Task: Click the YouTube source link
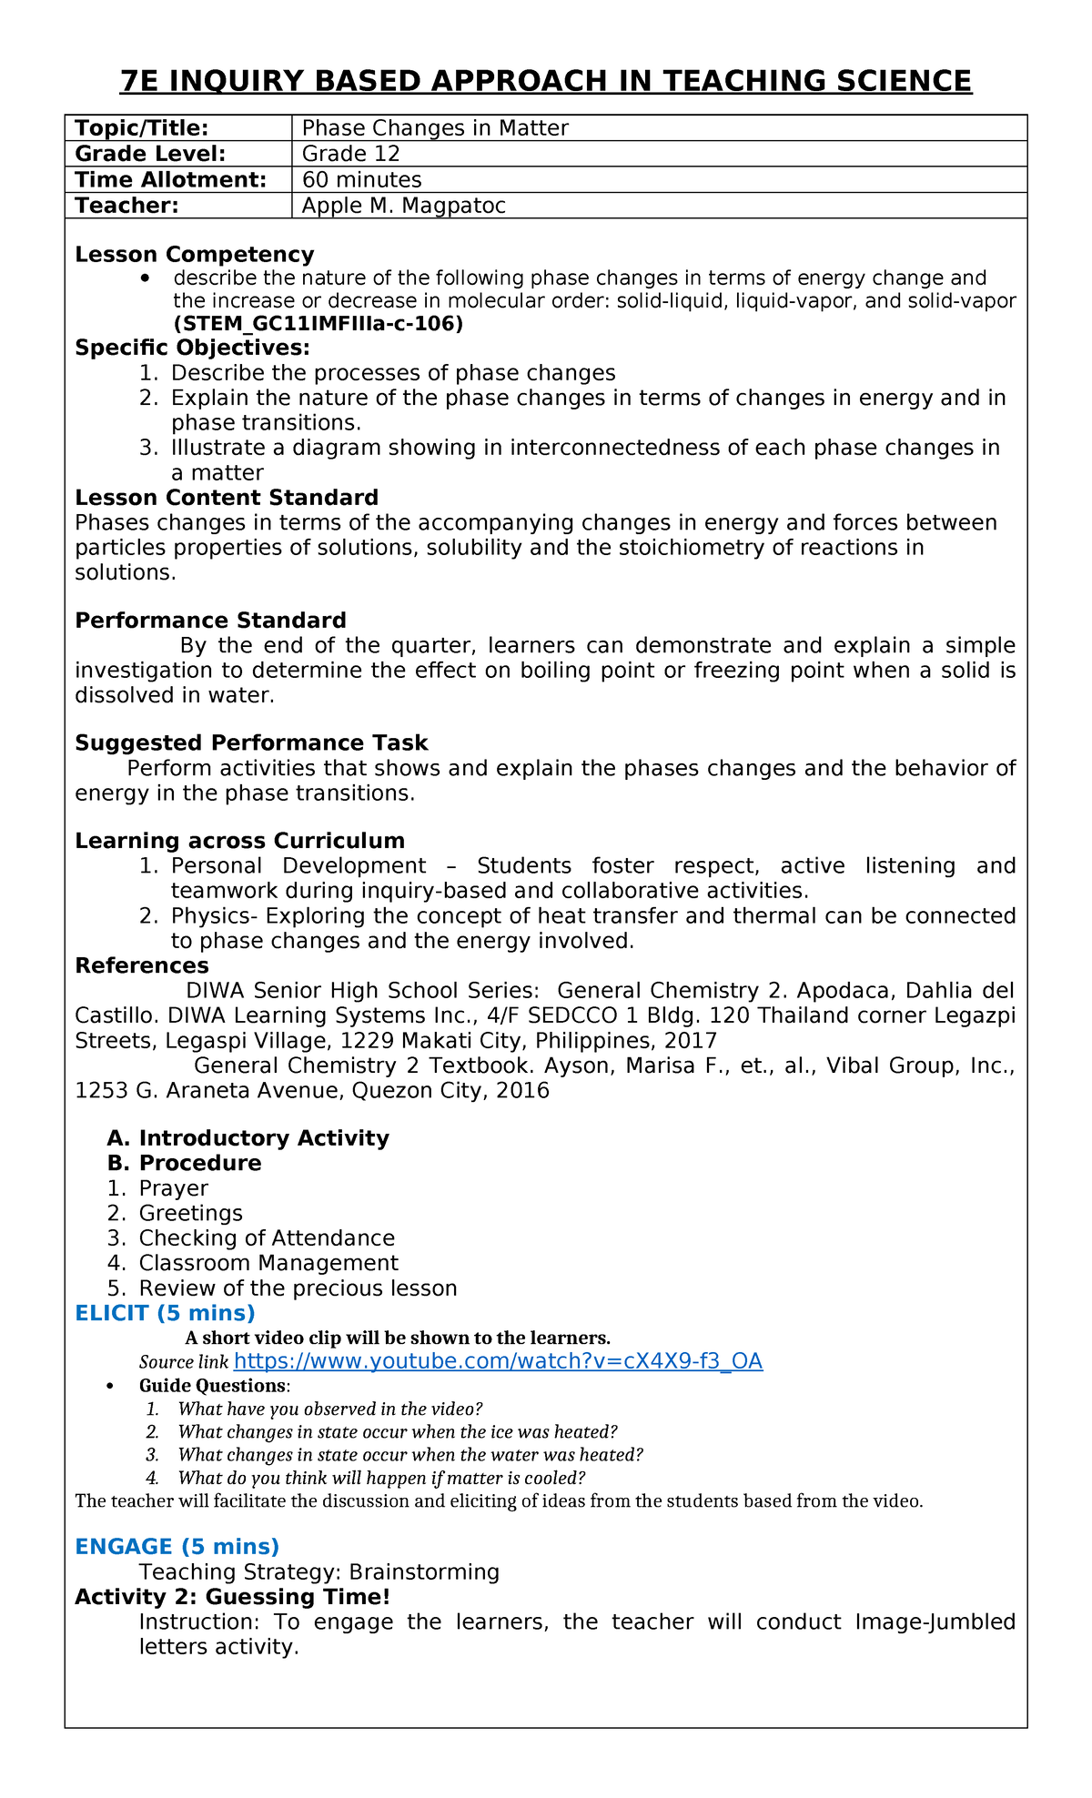tap(498, 1361)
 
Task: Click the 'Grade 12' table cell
tap(351, 154)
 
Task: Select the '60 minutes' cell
tap(361, 179)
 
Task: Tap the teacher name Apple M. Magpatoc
tap(403, 206)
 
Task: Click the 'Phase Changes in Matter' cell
tap(435, 128)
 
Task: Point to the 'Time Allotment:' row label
tap(170, 179)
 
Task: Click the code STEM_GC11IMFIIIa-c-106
tap(318, 324)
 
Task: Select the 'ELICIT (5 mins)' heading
tap(165, 1313)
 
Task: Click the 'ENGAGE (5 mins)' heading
tap(177, 1547)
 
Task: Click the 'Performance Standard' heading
tap(210, 621)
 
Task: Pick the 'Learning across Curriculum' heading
tap(239, 841)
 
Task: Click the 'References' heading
tap(142, 965)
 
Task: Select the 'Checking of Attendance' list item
tap(267, 1238)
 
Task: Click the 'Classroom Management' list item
tap(268, 1263)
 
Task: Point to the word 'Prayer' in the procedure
tap(173, 1188)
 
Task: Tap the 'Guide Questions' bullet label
tap(212, 1386)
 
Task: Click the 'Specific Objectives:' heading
tap(192, 348)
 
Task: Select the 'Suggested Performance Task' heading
tap(251, 742)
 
